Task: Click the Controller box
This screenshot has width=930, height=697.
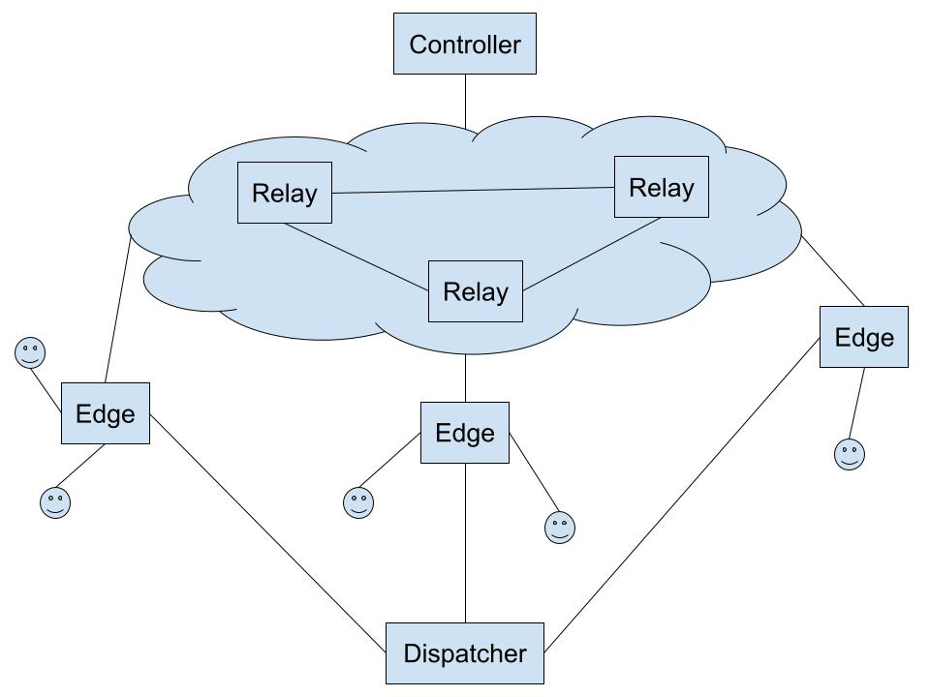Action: click(465, 44)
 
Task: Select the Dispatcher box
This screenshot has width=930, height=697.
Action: click(465, 653)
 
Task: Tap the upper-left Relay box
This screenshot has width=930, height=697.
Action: click(285, 193)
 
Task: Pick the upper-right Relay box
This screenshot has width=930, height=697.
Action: click(662, 187)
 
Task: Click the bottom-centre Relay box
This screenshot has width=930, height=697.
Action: click(476, 291)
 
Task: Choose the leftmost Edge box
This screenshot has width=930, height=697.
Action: click(106, 413)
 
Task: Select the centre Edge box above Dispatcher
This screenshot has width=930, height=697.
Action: click(465, 433)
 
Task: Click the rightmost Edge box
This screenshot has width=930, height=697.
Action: click(864, 337)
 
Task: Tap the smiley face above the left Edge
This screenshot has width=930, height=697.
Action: click(30, 352)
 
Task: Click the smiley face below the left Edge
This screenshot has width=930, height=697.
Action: click(55, 502)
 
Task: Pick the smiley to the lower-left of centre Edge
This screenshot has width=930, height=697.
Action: click(358, 502)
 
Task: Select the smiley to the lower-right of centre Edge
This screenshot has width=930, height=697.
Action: click(560, 528)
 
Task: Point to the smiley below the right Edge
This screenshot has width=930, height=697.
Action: click(850, 454)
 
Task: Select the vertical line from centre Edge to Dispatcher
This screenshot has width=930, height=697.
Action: click(465, 542)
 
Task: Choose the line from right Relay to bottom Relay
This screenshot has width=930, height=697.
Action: click(592, 254)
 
